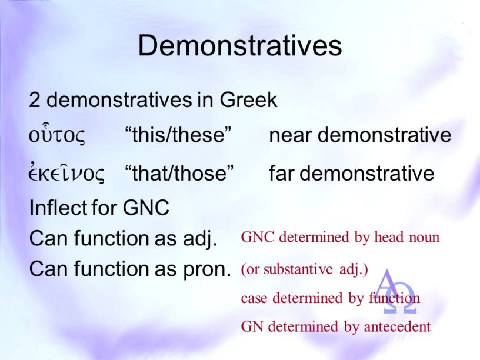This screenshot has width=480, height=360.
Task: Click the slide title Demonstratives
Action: point(239,45)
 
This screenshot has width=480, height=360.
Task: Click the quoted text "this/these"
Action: point(178,134)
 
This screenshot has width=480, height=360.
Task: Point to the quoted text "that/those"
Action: point(179,173)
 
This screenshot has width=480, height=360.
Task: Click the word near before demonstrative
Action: point(290,135)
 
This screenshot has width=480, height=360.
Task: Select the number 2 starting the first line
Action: point(34,100)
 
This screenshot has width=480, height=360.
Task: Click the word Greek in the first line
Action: point(249,100)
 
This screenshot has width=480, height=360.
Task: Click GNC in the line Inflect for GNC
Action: point(146,208)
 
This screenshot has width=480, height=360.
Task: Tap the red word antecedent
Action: point(397,327)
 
